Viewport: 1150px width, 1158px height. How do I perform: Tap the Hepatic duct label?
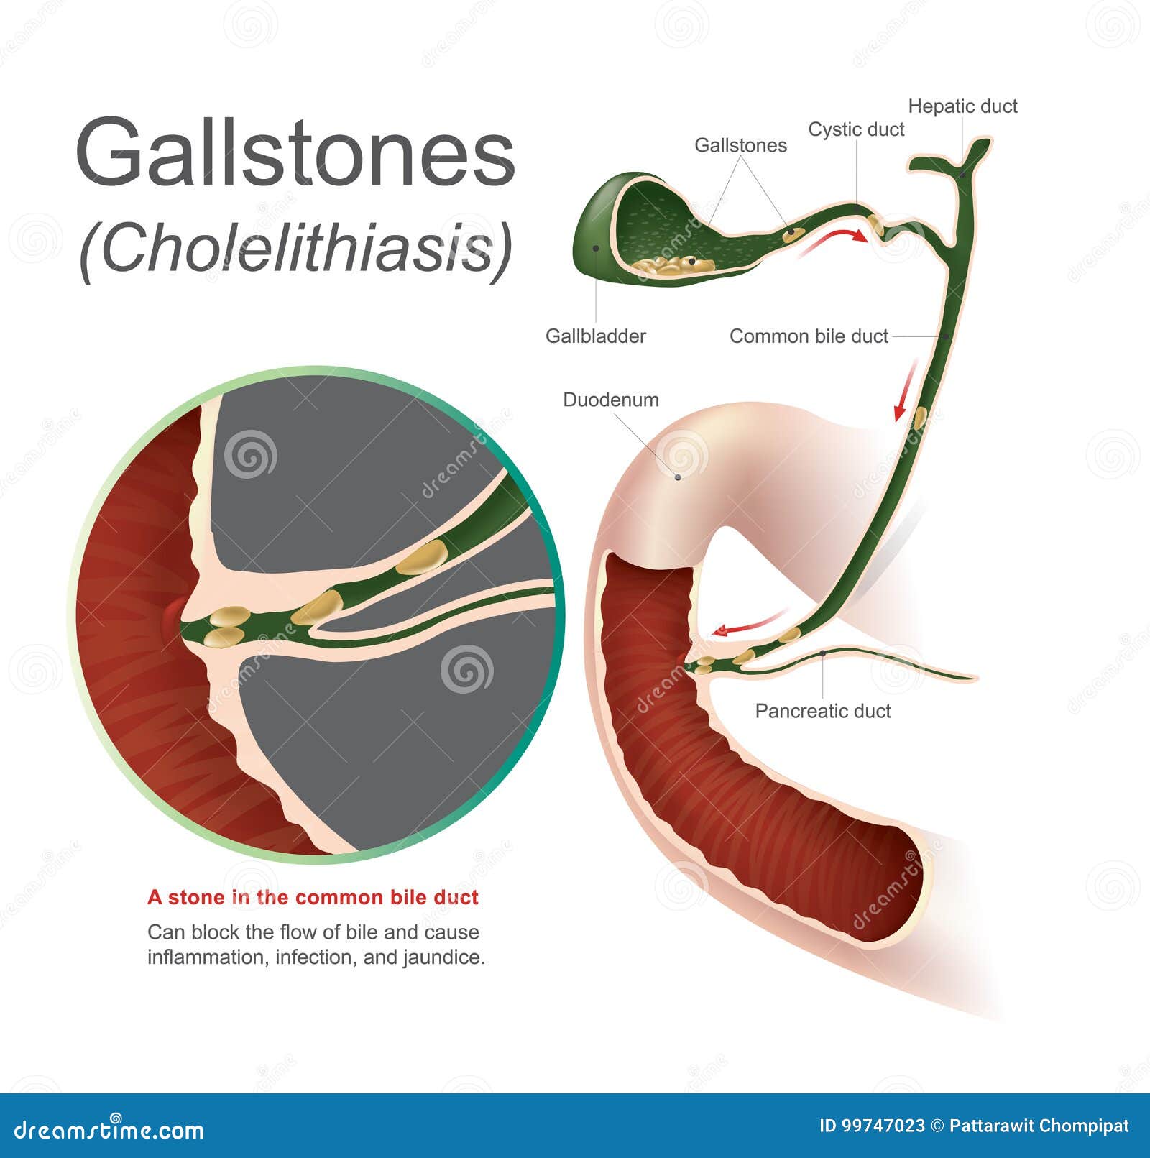(962, 106)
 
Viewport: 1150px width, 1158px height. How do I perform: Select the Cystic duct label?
(856, 129)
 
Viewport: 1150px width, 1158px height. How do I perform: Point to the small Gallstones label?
(740, 145)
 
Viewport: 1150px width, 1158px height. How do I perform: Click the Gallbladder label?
(595, 336)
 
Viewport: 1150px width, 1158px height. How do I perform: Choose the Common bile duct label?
(809, 336)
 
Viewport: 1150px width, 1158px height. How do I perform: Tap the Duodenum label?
(610, 400)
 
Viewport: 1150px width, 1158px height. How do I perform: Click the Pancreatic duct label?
(822, 711)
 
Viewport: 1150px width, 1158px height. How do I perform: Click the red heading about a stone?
(313, 897)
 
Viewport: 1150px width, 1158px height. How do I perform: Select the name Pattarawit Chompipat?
(1039, 1126)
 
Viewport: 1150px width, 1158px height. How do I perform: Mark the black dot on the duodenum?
(677, 476)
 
